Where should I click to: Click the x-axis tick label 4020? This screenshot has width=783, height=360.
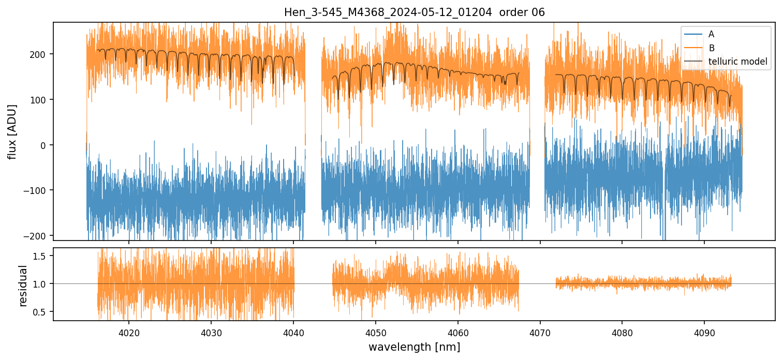click(x=129, y=332)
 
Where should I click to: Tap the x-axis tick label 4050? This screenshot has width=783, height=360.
click(x=376, y=332)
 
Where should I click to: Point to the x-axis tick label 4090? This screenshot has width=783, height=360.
click(x=704, y=332)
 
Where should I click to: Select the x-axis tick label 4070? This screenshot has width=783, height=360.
click(x=540, y=332)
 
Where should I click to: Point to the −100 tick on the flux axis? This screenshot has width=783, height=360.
click(x=37, y=190)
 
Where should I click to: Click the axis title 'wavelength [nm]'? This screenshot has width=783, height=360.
click(x=414, y=347)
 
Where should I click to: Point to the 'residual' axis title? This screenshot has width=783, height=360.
click(x=23, y=285)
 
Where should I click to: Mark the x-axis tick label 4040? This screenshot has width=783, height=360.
click(x=293, y=332)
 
